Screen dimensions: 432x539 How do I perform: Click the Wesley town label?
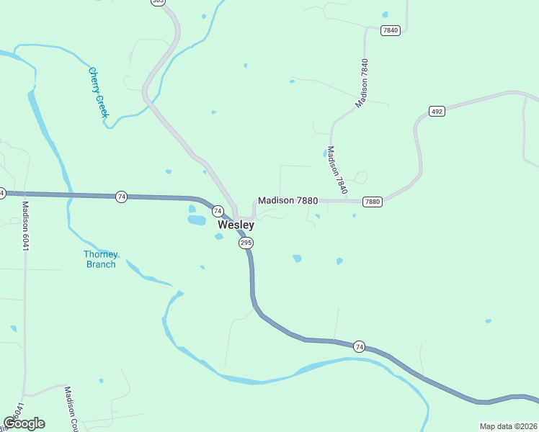pyautogui.click(x=236, y=225)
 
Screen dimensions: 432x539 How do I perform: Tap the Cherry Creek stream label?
pyautogui.click(x=98, y=91)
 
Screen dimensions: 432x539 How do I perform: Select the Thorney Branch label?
pyautogui.click(x=101, y=259)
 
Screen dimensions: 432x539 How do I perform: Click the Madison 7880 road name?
pyautogui.click(x=288, y=201)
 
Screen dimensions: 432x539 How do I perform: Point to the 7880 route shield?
pyautogui.click(x=372, y=202)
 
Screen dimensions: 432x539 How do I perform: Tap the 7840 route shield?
pyautogui.click(x=391, y=30)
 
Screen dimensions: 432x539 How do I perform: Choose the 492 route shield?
pyautogui.click(x=437, y=111)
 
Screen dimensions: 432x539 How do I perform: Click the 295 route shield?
pyautogui.click(x=246, y=243)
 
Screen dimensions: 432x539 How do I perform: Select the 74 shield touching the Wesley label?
pyautogui.click(x=217, y=211)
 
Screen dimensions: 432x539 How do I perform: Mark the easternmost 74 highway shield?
pyautogui.click(x=360, y=347)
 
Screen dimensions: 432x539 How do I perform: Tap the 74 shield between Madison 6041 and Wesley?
pyautogui.click(x=122, y=197)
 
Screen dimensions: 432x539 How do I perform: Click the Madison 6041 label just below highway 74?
pyautogui.click(x=26, y=225)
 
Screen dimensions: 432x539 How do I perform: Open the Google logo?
pyautogui.click(x=24, y=423)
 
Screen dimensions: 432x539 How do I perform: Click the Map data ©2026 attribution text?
pyautogui.click(x=507, y=426)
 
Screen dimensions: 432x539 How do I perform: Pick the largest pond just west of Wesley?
pyautogui.click(x=197, y=220)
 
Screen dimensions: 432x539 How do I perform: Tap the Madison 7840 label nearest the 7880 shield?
pyautogui.click(x=337, y=170)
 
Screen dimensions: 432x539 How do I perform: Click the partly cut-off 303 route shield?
pyautogui.click(x=159, y=2)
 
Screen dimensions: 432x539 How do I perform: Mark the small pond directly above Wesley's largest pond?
pyautogui.click(x=192, y=209)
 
